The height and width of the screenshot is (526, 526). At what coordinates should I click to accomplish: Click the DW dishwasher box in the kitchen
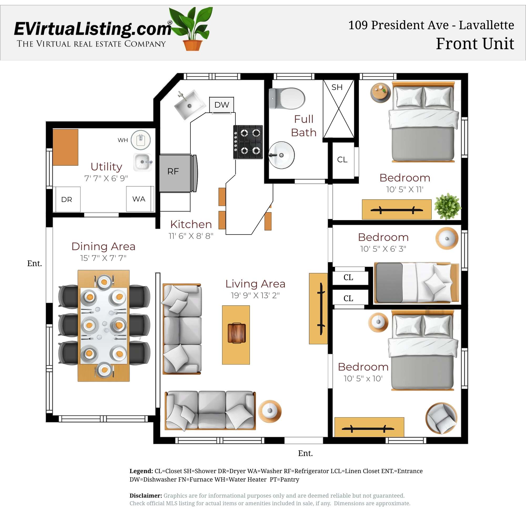coord(222,105)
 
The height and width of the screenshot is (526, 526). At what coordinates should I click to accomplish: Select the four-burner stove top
coord(248,142)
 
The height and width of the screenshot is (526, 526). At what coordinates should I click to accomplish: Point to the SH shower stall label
coord(337,87)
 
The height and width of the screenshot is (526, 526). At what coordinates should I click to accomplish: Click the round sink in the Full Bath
coord(282,155)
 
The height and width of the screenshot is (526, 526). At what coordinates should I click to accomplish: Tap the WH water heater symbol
coord(141,140)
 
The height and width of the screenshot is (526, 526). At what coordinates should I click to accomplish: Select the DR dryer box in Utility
coord(67,199)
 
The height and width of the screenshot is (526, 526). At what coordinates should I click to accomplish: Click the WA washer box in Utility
coord(139,199)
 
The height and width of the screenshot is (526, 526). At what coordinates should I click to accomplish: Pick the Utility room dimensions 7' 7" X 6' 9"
coord(106,178)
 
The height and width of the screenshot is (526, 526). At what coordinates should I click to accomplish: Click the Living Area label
coord(255,284)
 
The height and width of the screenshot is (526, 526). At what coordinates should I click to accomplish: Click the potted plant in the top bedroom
coord(447,206)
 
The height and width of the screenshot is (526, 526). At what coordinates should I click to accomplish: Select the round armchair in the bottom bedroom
coord(441,418)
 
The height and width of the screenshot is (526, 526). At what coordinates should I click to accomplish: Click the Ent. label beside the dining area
coord(34,263)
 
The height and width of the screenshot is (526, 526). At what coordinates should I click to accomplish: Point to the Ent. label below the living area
coord(305,453)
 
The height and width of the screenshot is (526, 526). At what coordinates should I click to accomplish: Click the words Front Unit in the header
coord(475,44)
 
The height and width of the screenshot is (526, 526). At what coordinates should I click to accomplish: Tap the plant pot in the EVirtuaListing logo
coord(193,45)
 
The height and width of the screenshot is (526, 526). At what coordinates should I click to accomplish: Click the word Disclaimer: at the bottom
coord(146,495)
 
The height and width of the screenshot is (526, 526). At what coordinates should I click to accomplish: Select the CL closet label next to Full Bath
coord(342,160)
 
